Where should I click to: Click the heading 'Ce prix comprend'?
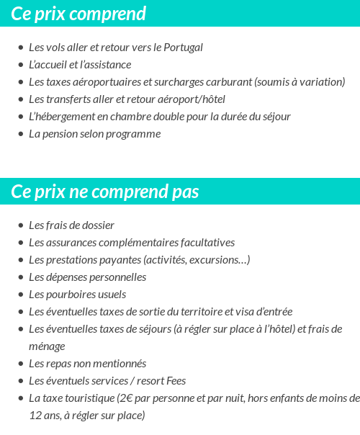78,14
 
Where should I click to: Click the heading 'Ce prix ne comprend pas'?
105,192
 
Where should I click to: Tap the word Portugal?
183,48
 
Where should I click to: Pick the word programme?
137,134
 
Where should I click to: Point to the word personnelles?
117,277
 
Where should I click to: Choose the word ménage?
47,346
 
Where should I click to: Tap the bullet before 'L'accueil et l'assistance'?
21,65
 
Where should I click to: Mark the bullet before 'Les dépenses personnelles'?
21,277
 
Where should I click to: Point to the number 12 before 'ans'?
35,416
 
